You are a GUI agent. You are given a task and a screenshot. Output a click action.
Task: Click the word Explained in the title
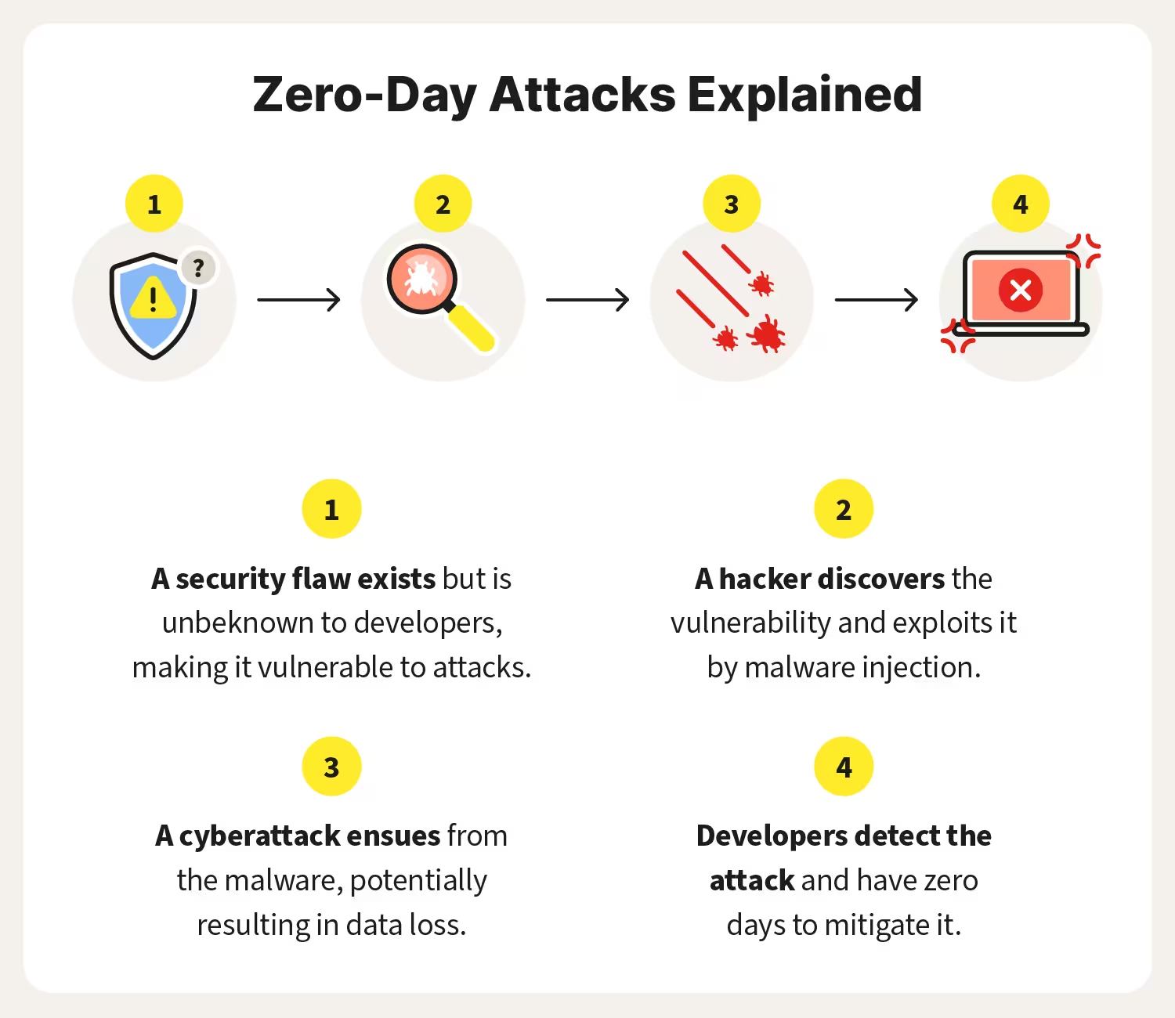pos(804,95)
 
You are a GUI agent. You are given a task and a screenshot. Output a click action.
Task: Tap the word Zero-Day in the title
pos(364,95)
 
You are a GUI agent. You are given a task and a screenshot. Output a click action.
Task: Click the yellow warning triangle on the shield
pos(153,298)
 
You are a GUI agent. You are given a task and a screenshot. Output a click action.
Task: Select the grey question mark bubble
pos(198,269)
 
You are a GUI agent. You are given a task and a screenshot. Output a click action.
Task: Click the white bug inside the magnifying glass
pos(422,278)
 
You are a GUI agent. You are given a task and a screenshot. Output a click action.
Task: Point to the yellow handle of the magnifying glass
pos(472,328)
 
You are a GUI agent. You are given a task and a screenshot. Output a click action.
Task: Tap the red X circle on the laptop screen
pos(1020,291)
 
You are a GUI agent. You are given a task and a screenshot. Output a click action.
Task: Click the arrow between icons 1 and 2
pos(298,299)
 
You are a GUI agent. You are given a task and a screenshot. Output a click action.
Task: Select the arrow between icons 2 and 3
pos(587,299)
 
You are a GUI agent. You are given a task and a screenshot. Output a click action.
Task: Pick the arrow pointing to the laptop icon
pos(876,299)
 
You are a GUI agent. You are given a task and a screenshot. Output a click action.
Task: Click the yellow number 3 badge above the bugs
pos(732,204)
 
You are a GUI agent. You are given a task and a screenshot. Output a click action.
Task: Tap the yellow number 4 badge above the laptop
pos(1020,204)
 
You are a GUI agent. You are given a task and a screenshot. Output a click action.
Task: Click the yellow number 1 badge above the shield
pos(154,204)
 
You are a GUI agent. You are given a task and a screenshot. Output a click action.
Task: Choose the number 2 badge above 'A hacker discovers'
pos(844,510)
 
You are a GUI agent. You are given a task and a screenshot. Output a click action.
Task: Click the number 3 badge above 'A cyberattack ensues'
pos(331,767)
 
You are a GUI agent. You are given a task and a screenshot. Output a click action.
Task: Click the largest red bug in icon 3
pos(767,334)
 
